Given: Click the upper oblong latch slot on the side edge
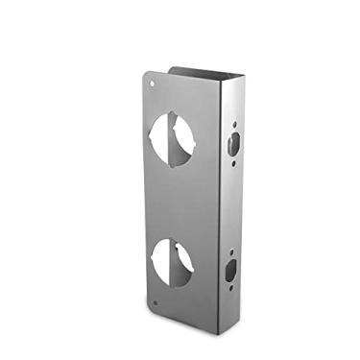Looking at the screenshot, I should coord(233,145).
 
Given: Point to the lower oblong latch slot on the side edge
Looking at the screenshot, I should coord(232,271).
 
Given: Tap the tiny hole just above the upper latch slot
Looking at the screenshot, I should coord(234,124).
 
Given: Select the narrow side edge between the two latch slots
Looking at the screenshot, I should coord(233,206).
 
